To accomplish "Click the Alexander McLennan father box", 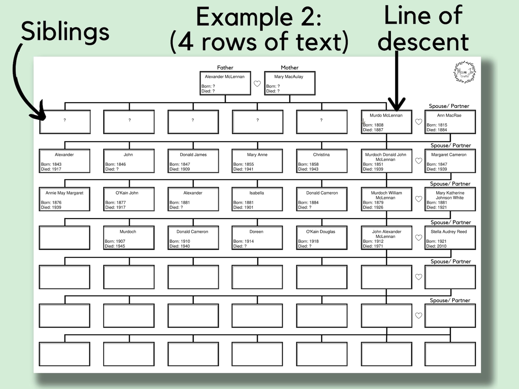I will tap(225, 83).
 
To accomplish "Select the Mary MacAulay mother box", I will tap(290, 83).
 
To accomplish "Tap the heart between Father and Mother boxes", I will tap(257, 84).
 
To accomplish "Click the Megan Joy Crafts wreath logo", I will tap(464, 72).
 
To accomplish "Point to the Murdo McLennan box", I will tap(386, 122).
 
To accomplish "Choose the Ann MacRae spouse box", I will tap(450, 122).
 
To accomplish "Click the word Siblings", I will tap(65, 32).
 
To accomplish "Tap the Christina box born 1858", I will tap(322, 161).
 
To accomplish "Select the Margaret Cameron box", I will tap(450, 161).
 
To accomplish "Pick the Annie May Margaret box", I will tap(64, 199).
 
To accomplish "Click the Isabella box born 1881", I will tap(257, 199).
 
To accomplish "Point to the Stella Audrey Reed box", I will tap(450, 238).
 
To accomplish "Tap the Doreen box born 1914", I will tap(257, 238).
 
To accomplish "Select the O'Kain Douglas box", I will tap(322, 238).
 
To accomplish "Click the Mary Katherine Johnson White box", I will tap(450, 199).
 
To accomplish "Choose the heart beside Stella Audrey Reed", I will tap(419, 238).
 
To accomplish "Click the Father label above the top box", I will tap(225, 68).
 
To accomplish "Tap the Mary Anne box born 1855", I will tap(257, 161).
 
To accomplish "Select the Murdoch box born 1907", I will tap(129, 238).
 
